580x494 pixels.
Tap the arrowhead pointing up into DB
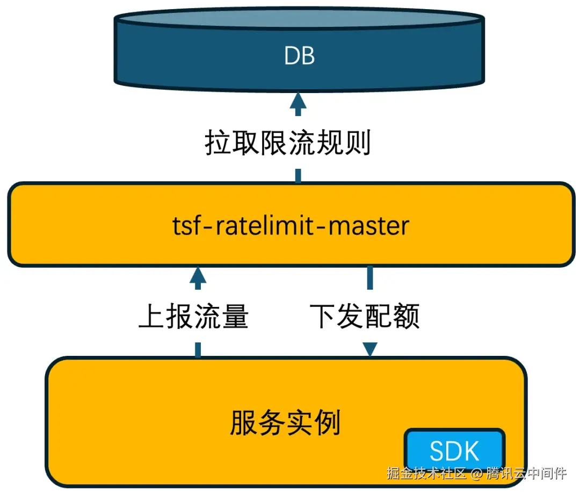point(298,102)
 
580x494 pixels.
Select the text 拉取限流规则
point(288,143)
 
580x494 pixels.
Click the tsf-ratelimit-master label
point(291,226)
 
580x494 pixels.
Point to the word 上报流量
point(194,316)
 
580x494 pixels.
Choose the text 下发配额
point(365,316)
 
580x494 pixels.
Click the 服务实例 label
point(285,423)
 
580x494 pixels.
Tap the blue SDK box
point(454,451)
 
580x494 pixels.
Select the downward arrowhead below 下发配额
point(369,349)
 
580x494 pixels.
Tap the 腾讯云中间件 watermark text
point(526,474)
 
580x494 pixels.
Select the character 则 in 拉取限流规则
point(357,143)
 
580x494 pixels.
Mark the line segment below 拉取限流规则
point(298,175)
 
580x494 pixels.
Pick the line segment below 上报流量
point(198,349)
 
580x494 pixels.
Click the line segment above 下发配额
point(369,278)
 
